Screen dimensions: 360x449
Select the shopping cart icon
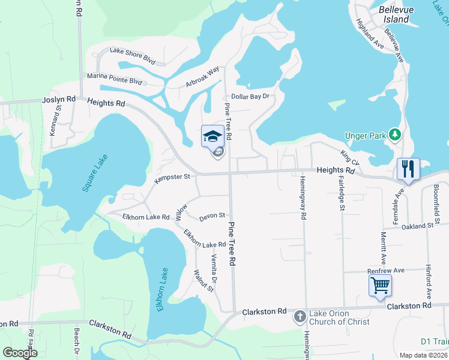[x=380, y=286]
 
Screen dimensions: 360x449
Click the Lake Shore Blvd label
[x=132, y=56]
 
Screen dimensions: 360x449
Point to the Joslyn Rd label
[x=59, y=100]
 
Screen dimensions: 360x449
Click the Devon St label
[x=212, y=215]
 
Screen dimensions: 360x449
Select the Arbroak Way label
[x=202, y=79]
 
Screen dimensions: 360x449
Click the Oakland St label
[x=417, y=226]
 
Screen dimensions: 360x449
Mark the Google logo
[x=20, y=353]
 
